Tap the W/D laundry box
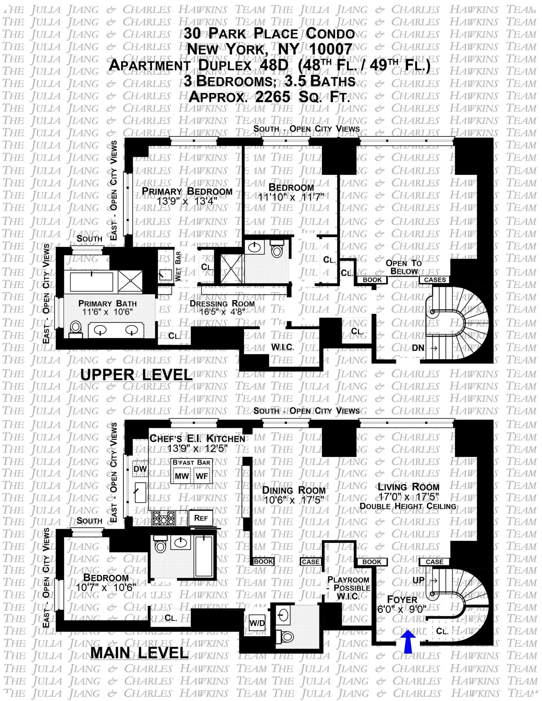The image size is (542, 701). coord(257,623)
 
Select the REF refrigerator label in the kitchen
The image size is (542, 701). coord(201,518)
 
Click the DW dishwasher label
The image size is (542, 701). coord(140,469)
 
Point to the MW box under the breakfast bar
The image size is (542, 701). coord(182,476)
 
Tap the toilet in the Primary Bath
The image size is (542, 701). coord(76,328)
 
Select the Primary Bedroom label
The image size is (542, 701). coord(187,191)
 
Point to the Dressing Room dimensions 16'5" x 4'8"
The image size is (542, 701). coord(222,312)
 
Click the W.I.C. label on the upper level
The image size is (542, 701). coord(283,347)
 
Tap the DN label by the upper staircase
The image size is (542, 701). coord(418,348)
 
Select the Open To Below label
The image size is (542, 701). coord(404,267)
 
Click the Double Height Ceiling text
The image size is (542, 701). coord(408,506)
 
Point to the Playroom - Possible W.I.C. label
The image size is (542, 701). coord(348,588)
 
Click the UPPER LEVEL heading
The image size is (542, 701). coord(136,375)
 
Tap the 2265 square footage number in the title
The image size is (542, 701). coord(272,96)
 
